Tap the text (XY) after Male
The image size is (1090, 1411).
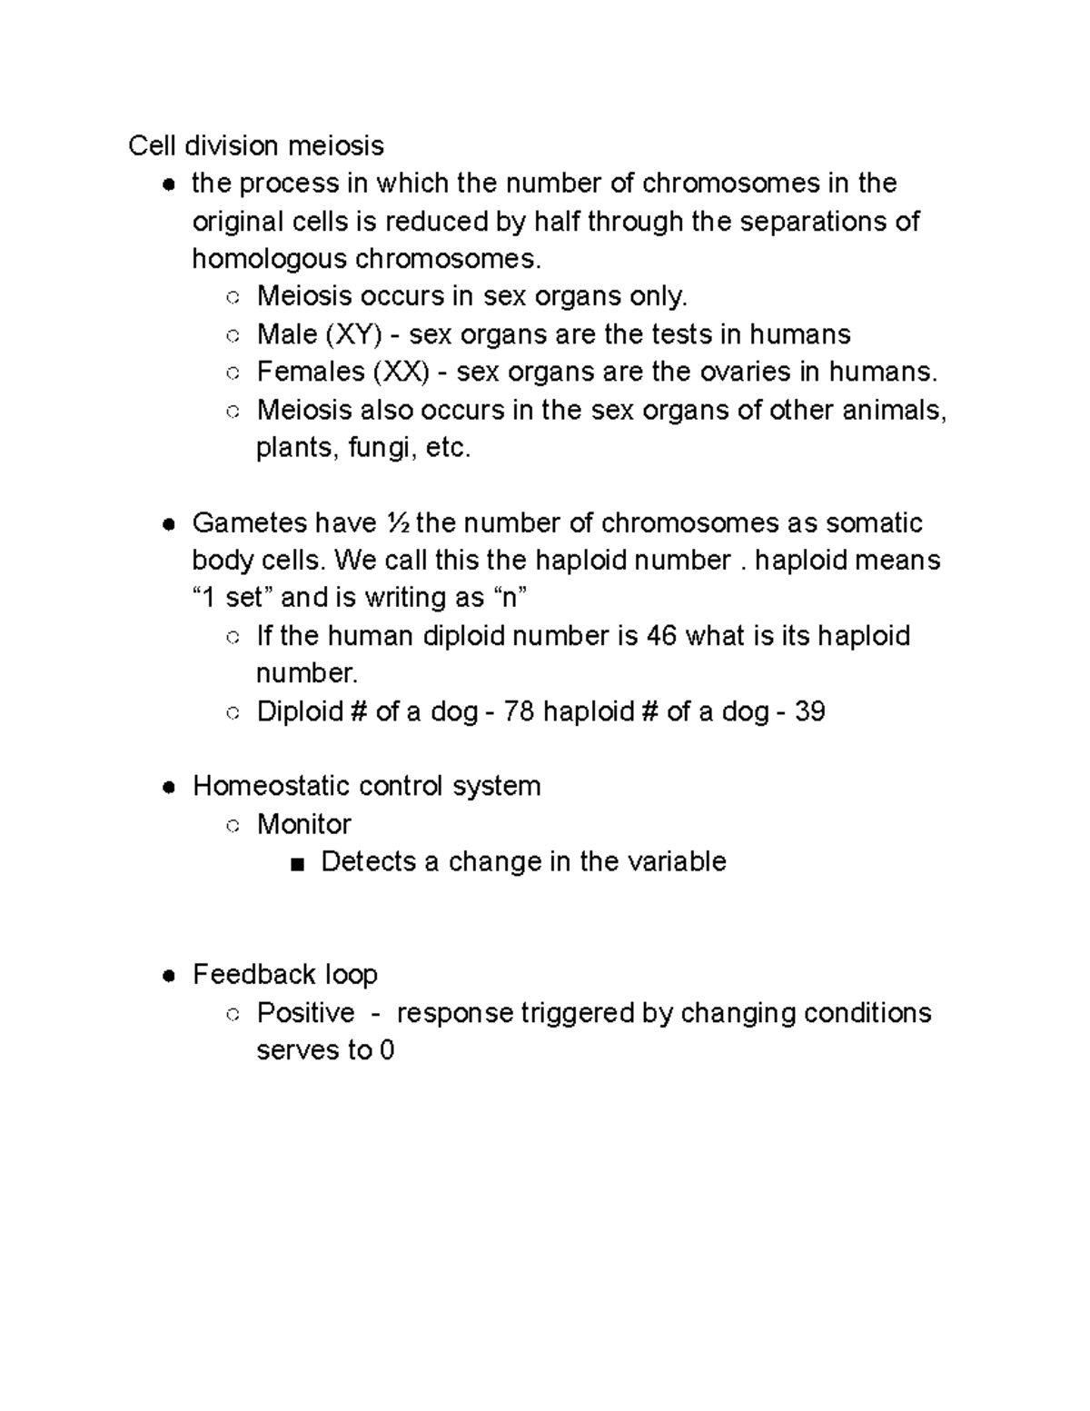point(352,334)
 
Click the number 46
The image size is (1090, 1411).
point(661,636)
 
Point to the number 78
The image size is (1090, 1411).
point(519,711)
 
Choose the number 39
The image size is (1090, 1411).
point(809,711)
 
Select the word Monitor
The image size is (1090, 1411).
point(303,824)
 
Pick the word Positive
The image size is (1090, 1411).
point(305,1013)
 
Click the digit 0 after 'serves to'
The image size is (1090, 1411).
point(387,1051)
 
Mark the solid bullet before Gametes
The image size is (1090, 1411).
point(168,524)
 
